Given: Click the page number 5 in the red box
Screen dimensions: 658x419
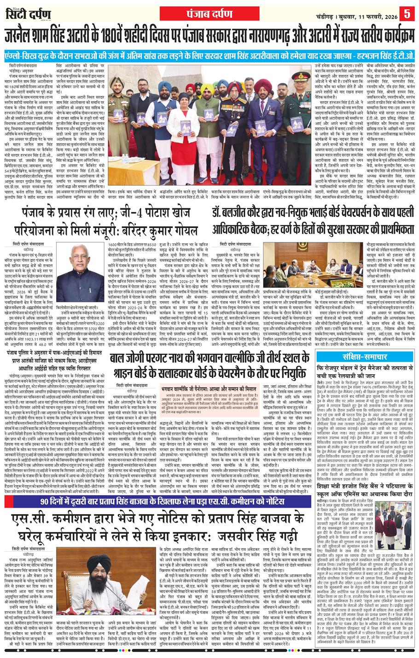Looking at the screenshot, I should [407, 11].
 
